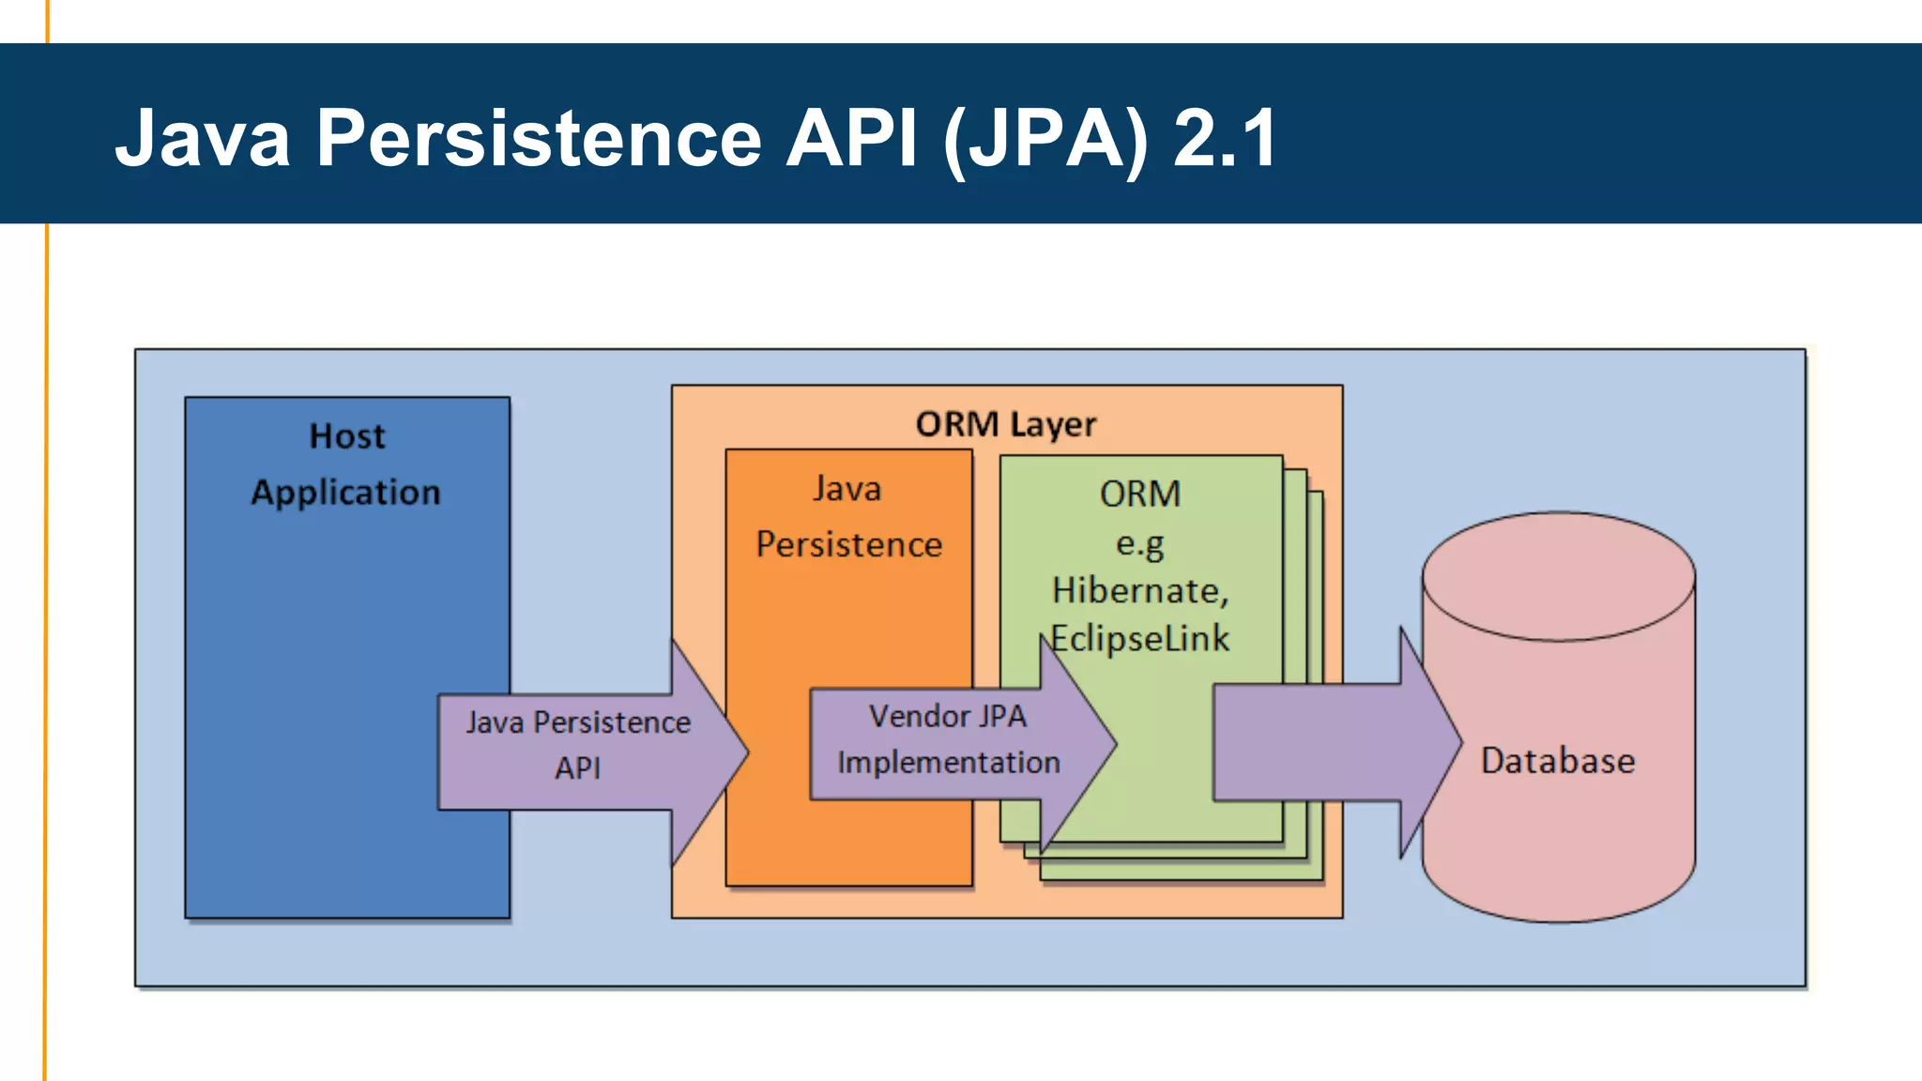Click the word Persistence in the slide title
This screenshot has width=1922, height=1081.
(x=538, y=139)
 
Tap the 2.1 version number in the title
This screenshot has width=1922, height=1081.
(x=1225, y=139)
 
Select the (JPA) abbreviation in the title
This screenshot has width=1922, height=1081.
(x=1045, y=141)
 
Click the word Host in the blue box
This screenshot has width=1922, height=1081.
(x=347, y=436)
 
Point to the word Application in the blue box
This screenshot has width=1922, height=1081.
(x=345, y=493)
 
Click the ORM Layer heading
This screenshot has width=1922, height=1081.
(x=1006, y=424)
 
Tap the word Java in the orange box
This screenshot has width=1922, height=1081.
(x=847, y=489)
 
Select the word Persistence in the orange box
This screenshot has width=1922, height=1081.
(x=849, y=544)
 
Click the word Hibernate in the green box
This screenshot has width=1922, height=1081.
(x=1138, y=590)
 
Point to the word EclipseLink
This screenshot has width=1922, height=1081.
(x=1140, y=639)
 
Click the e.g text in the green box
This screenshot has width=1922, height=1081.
(x=1139, y=543)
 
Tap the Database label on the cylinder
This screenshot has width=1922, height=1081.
(x=1558, y=760)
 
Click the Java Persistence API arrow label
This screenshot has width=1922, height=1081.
(x=577, y=744)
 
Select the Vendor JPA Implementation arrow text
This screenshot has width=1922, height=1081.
(x=948, y=739)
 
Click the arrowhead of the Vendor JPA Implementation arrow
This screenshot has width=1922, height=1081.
(x=1089, y=744)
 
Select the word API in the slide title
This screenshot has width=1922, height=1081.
(x=851, y=139)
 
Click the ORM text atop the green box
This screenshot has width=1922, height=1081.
(x=1140, y=494)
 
